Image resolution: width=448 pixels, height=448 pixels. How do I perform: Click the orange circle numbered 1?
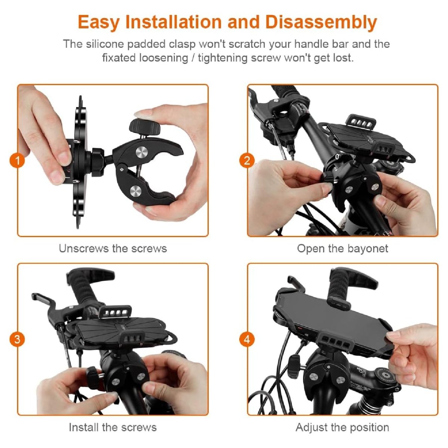(x=17, y=161)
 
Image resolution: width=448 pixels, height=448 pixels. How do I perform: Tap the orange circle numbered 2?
(x=247, y=161)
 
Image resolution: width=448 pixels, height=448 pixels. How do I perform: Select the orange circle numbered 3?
(x=17, y=340)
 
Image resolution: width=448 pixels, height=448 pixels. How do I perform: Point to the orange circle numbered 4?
(x=247, y=340)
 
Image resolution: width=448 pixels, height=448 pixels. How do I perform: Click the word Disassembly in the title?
(x=321, y=22)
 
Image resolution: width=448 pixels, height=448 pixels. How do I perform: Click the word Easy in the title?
(x=99, y=22)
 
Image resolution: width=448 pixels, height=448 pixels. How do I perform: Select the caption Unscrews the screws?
(x=113, y=249)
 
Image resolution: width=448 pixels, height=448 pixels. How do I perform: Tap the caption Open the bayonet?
(x=342, y=249)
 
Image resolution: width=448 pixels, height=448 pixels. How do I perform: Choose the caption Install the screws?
(x=113, y=427)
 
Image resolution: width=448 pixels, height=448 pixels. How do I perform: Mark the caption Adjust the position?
(x=342, y=427)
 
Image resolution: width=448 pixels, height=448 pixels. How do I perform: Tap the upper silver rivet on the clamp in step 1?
(x=141, y=153)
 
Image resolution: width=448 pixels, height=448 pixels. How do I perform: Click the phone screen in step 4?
(x=329, y=310)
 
